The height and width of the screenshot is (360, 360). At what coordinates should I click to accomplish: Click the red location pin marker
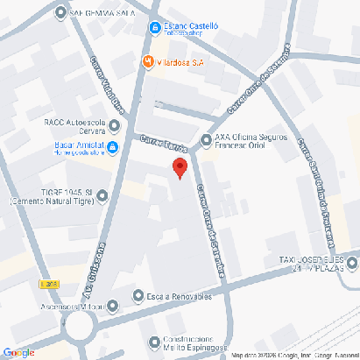click(x=180, y=168)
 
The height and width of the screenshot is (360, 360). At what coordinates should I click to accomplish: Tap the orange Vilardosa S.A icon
click(x=149, y=61)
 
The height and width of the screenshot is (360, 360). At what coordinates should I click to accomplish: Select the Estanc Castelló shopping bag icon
click(x=155, y=27)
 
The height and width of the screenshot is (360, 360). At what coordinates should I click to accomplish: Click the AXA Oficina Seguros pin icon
click(x=207, y=139)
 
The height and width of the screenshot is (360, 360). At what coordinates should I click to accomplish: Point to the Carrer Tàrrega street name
click(x=164, y=143)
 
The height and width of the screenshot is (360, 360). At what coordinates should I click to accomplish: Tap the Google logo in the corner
click(x=18, y=352)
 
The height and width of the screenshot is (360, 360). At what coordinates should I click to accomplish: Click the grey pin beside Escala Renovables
click(x=138, y=296)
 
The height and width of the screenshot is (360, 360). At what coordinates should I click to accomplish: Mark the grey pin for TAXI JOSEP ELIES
click(x=351, y=262)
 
